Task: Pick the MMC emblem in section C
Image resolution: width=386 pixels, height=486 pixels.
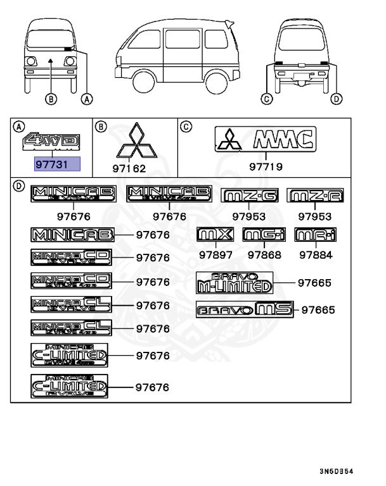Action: coord(265,139)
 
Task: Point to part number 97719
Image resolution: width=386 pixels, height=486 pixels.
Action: coord(266,168)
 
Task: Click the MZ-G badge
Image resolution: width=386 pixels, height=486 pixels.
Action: coord(250,196)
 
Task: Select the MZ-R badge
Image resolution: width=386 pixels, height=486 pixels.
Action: coord(316,196)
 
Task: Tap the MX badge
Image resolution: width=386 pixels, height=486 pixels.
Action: coord(216,235)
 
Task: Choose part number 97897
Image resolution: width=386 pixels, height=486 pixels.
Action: coord(216,255)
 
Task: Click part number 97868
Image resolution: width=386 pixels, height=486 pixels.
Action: coord(264,255)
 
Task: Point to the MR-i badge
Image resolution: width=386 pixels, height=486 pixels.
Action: coord(315,235)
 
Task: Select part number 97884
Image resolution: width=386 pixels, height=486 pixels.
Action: coord(315,255)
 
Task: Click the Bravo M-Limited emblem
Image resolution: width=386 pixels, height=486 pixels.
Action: coord(234,282)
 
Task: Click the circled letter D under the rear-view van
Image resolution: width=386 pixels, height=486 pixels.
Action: coord(337,98)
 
